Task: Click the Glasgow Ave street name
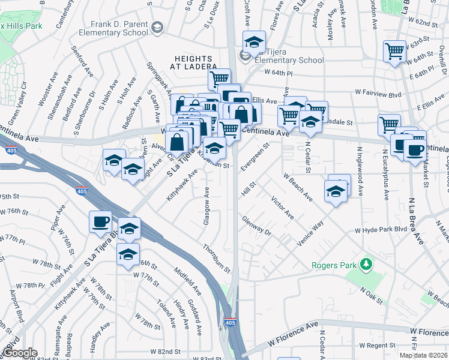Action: (206, 206)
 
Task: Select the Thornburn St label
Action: (217, 259)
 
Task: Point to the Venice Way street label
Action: (310, 233)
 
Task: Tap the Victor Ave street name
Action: (282, 207)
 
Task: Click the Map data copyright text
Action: (423, 355)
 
